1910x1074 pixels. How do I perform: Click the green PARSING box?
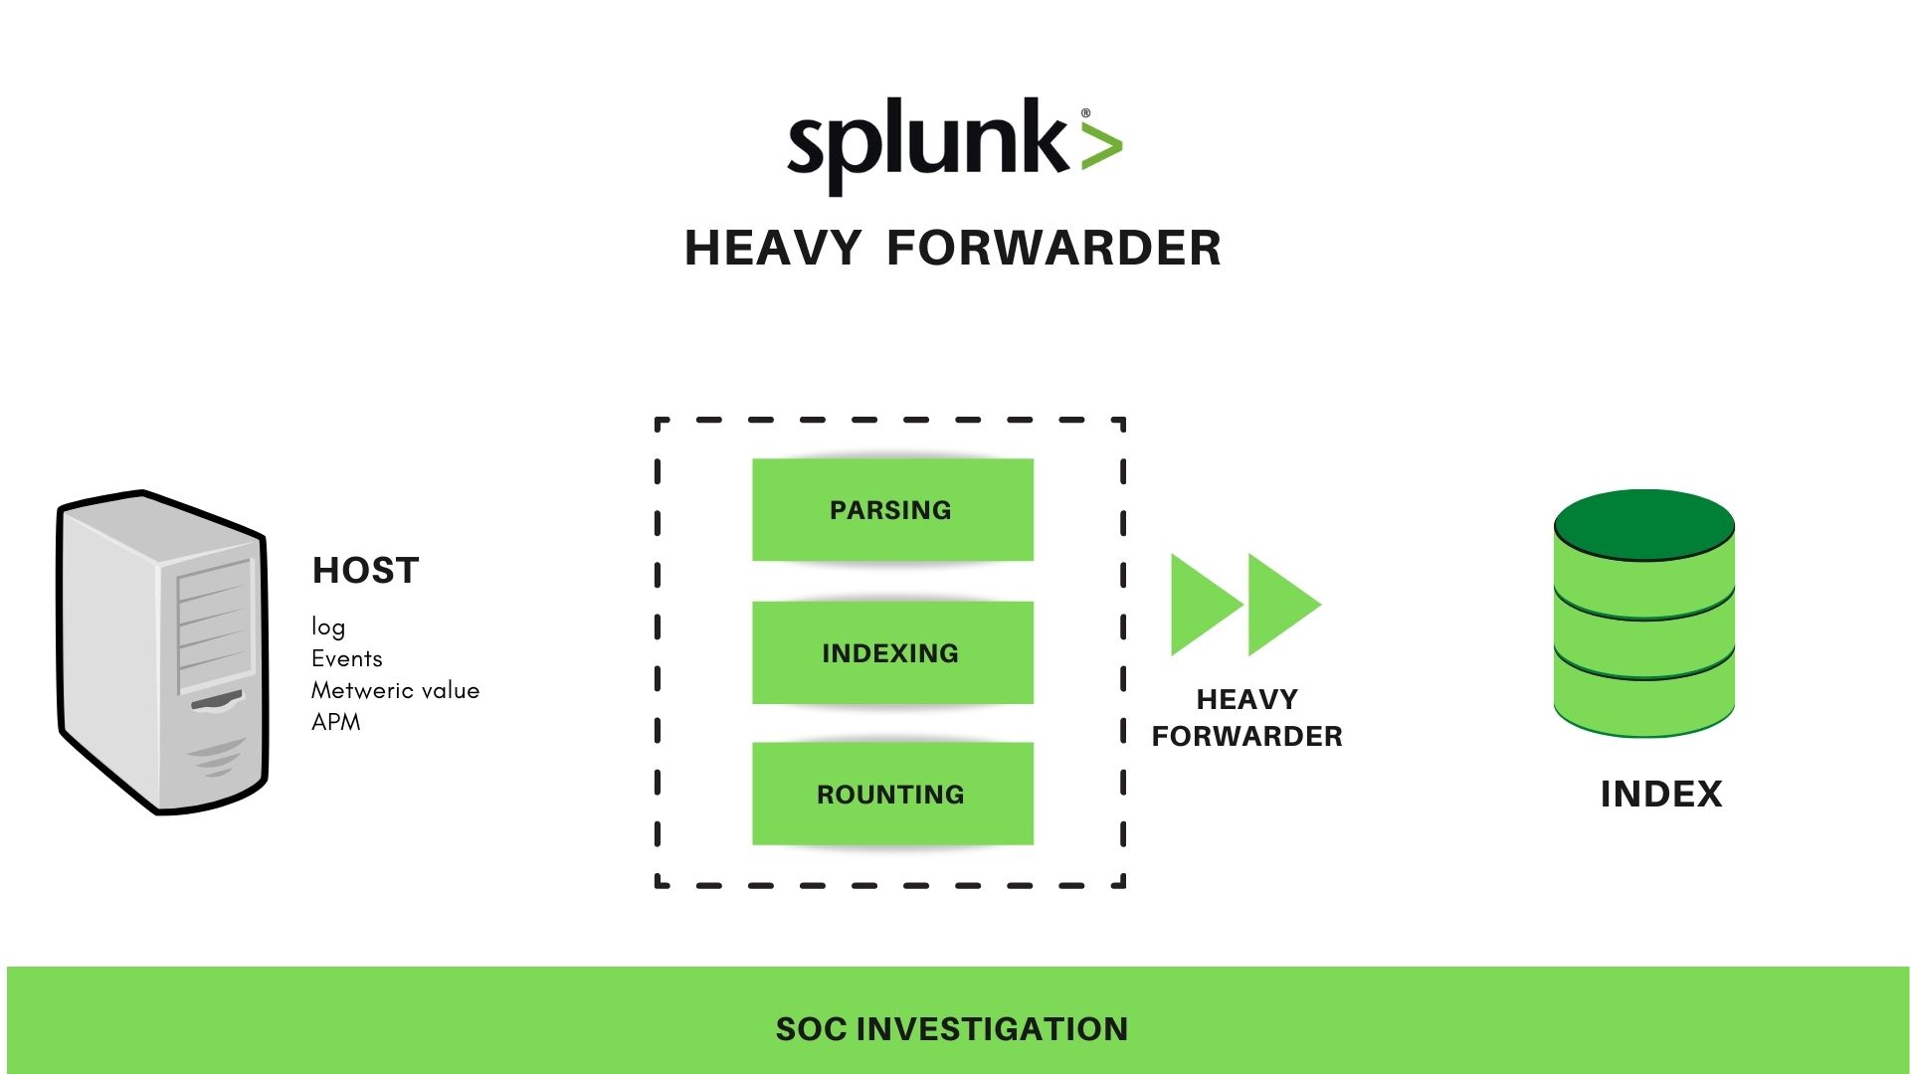(892, 509)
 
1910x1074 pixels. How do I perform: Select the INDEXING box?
(892, 652)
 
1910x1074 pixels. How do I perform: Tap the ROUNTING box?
(892, 794)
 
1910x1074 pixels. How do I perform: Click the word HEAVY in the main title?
(772, 248)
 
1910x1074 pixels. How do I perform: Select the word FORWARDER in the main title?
(1053, 248)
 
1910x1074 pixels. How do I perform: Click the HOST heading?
(366, 570)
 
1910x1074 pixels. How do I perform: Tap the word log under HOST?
(328, 626)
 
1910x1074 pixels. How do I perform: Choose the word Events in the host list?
(346, 658)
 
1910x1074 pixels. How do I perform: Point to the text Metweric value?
(395, 690)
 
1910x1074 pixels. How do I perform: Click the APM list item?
(336, 722)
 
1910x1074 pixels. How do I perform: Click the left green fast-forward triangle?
(1203, 604)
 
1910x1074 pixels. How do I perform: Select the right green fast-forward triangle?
(1280, 604)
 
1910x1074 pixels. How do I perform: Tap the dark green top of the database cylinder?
(1643, 524)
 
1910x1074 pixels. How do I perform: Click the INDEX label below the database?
(1660, 794)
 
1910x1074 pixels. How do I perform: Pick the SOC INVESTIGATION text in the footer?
(952, 1028)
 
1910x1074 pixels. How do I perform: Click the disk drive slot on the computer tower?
(217, 701)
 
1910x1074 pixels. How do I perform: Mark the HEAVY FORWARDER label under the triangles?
(1246, 717)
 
